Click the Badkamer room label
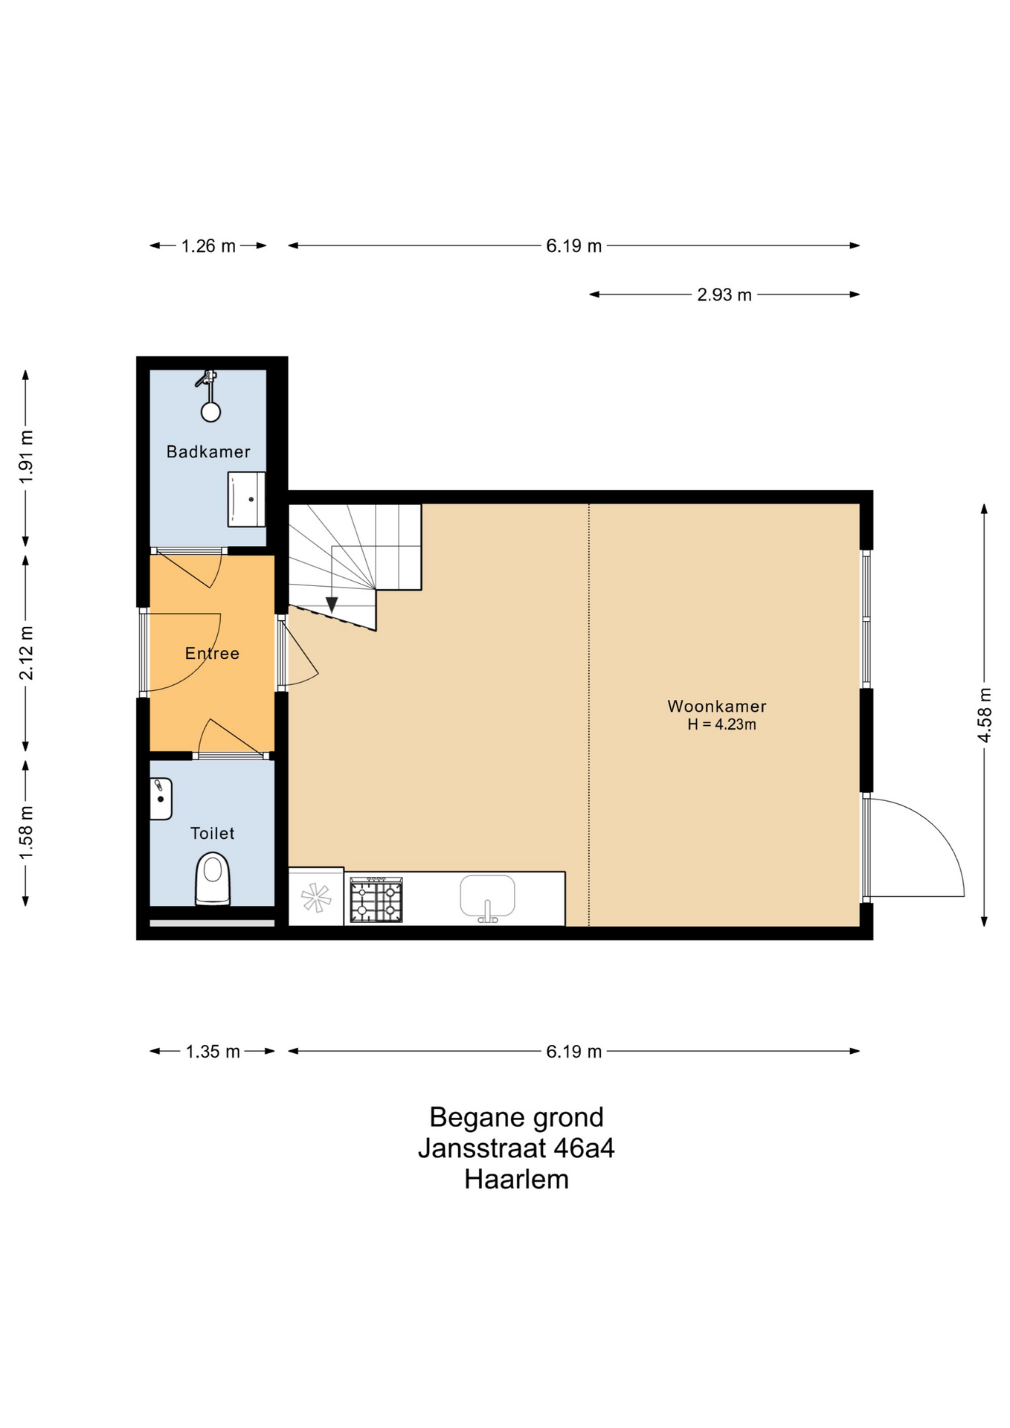(208, 451)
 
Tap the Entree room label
(212, 653)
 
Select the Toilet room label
(212, 833)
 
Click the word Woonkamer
(716, 706)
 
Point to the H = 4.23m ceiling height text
(721, 724)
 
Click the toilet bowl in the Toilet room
(213, 879)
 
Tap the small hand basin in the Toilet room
(161, 799)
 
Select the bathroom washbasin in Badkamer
(246, 499)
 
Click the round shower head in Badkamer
(211, 412)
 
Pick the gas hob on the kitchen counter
(376, 900)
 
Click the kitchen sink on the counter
(487, 897)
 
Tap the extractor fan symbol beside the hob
(316, 897)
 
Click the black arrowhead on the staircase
(332, 605)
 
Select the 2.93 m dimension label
(724, 295)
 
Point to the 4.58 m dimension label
(984, 715)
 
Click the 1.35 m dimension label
(213, 1051)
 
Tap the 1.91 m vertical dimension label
(26, 457)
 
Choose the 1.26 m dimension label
(208, 245)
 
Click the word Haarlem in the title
(516, 1180)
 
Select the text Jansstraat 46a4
(516, 1148)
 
